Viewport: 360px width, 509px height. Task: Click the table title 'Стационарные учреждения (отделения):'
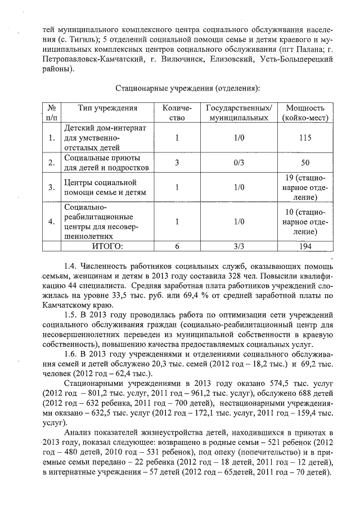coord(187,88)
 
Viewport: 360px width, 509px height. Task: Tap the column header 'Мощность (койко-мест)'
coord(305,113)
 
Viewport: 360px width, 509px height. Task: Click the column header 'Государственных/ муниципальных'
coord(238,113)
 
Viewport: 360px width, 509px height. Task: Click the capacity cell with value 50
coord(305,163)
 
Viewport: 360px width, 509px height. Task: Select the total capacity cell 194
coord(305,246)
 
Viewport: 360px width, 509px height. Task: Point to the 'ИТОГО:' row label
coord(107,246)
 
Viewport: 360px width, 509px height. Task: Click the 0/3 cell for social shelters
coord(238,163)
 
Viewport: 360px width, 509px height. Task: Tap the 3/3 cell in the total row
coord(238,246)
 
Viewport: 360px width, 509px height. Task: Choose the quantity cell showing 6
coord(177,246)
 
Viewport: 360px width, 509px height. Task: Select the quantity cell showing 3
coord(177,163)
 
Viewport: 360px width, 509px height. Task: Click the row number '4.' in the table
coord(52,222)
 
